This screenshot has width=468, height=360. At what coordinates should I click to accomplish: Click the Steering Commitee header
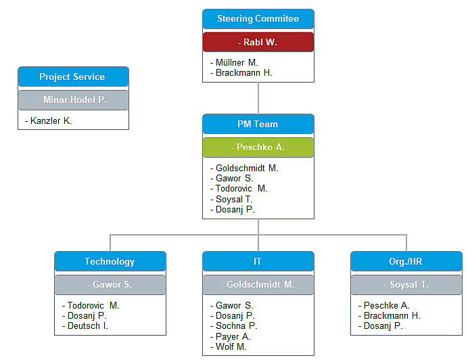tap(258, 19)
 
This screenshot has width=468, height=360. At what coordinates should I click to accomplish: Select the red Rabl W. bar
tap(258, 42)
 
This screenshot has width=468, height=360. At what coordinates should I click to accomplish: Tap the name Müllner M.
tap(232, 62)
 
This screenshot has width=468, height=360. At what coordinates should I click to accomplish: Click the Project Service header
tap(72, 76)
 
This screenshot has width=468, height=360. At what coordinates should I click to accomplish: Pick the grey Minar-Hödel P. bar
tap(73, 99)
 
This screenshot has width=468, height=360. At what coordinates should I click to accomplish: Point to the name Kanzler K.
tap(51, 121)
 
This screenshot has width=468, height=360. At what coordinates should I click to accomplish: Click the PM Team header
tap(258, 124)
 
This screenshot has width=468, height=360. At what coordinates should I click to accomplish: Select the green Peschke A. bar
tap(258, 147)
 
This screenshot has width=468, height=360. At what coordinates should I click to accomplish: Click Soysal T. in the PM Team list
tap(234, 199)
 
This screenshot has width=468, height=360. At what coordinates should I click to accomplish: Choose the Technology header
tap(110, 261)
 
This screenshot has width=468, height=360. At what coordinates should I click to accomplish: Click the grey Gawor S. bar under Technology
tap(110, 284)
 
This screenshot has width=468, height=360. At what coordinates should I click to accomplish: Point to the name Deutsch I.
tap(87, 325)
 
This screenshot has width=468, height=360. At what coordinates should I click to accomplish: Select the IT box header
tap(258, 261)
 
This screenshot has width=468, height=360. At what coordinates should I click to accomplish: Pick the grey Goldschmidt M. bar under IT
tap(258, 284)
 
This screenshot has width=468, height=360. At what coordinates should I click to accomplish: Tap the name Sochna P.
tap(236, 325)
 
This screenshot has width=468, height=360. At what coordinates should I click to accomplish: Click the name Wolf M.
tap(231, 346)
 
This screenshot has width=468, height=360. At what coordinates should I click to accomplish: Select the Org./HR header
tap(406, 261)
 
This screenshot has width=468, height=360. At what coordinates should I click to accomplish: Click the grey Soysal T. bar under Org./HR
tap(406, 284)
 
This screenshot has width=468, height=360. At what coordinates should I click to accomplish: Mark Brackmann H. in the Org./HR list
tap(392, 315)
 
